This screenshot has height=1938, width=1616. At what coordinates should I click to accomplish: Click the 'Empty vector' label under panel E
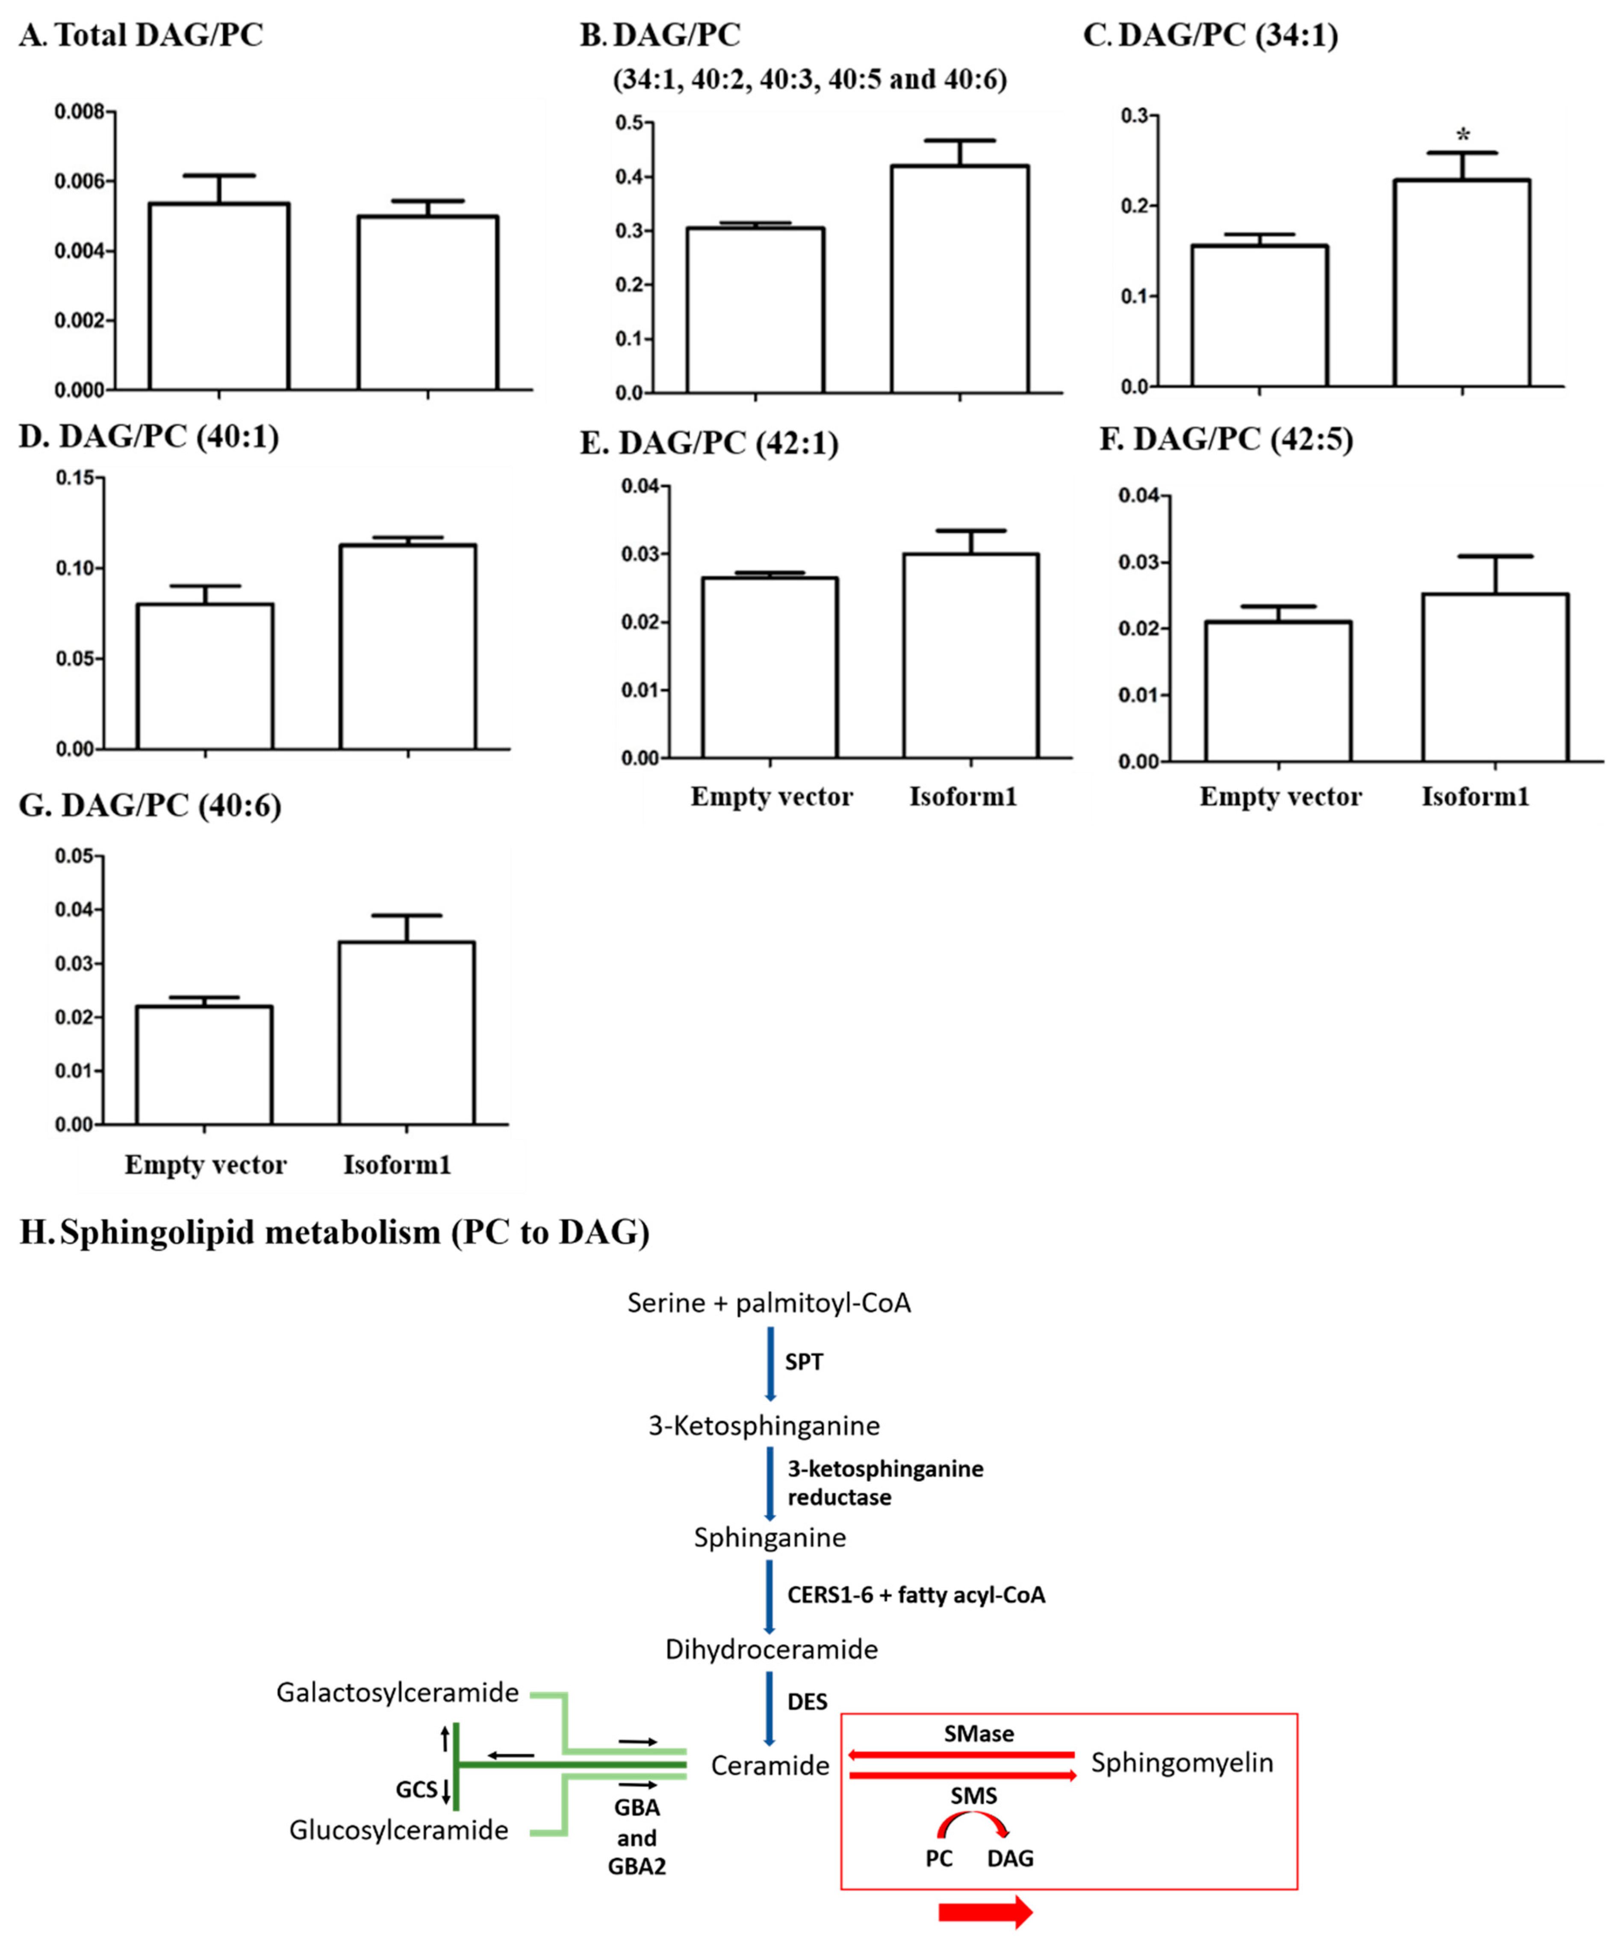pyautogui.click(x=772, y=796)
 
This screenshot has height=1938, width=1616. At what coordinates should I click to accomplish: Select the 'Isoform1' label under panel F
pyautogui.click(x=1475, y=796)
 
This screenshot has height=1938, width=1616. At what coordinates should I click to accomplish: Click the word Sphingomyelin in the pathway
pyautogui.click(x=1181, y=1763)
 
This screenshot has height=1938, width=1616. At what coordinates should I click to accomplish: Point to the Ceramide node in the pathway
pyautogui.click(x=770, y=1765)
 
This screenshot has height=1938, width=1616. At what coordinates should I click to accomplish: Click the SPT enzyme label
pyautogui.click(x=804, y=1362)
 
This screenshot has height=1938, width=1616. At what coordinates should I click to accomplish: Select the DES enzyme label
pyautogui.click(x=807, y=1701)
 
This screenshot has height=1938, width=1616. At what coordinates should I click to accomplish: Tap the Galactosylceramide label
pyautogui.click(x=397, y=1693)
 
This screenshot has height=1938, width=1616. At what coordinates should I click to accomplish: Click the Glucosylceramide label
pyautogui.click(x=399, y=1830)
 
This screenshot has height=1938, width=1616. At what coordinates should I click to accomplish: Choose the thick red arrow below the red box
pyautogui.click(x=985, y=1911)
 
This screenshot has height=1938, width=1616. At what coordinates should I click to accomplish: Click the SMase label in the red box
pyautogui.click(x=978, y=1734)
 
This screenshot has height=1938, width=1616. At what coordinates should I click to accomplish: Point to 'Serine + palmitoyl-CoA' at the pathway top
pyautogui.click(x=769, y=1303)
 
